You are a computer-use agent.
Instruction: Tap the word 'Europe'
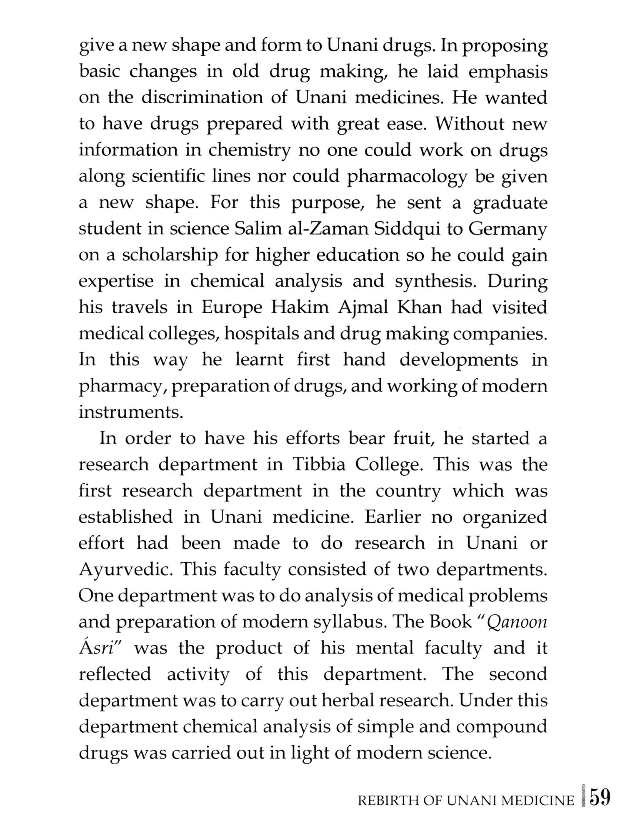232,308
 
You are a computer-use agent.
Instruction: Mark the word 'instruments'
131,412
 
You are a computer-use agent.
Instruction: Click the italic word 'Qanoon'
516,622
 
